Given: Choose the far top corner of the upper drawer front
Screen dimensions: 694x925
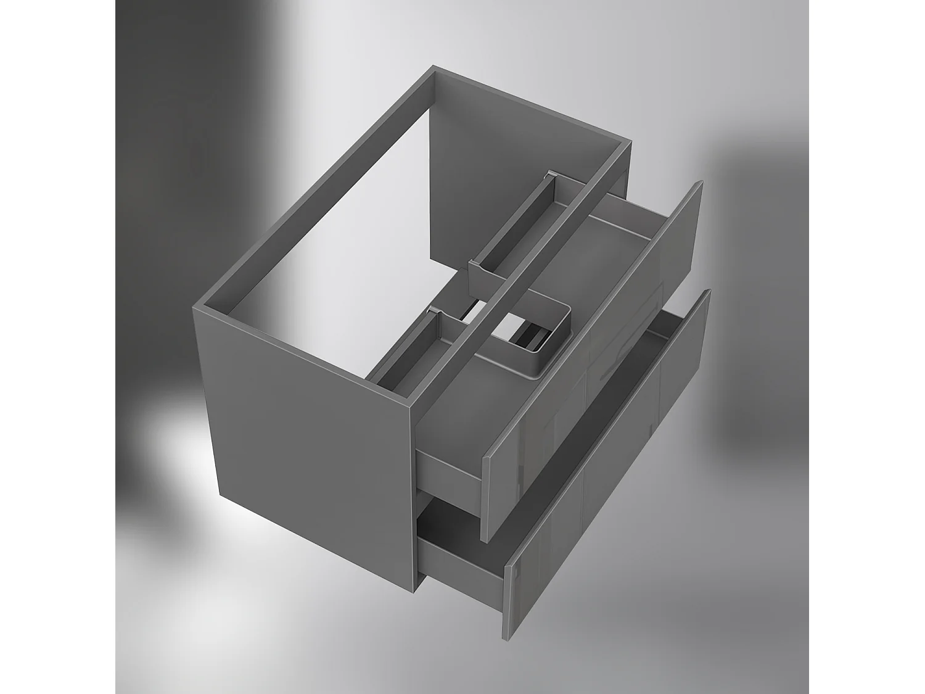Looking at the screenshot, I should (x=699, y=183).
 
